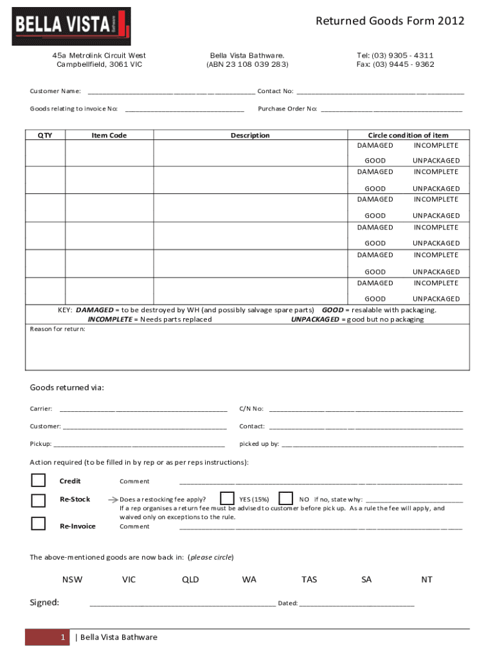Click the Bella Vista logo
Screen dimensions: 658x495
point(71,26)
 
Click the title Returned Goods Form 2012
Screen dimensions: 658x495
point(390,21)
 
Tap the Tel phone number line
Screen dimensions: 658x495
point(395,55)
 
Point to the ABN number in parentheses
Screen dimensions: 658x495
point(248,64)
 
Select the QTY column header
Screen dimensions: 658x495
point(45,135)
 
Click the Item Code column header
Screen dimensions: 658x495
point(109,135)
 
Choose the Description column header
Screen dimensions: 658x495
point(250,135)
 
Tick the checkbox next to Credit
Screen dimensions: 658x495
point(39,481)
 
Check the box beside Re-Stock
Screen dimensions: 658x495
point(39,500)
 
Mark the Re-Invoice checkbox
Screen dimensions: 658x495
point(39,523)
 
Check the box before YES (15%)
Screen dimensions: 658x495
point(227,499)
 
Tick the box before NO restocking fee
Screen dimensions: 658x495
point(286,499)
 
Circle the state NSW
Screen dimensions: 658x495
point(72,580)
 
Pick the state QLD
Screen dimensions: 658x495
point(190,580)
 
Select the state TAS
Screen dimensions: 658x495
point(309,580)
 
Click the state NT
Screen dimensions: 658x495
point(427,580)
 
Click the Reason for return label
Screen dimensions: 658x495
point(57,329)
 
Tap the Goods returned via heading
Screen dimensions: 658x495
point(67,387)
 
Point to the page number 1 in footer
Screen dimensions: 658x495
point(63,637)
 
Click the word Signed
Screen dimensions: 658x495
point(44,603)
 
